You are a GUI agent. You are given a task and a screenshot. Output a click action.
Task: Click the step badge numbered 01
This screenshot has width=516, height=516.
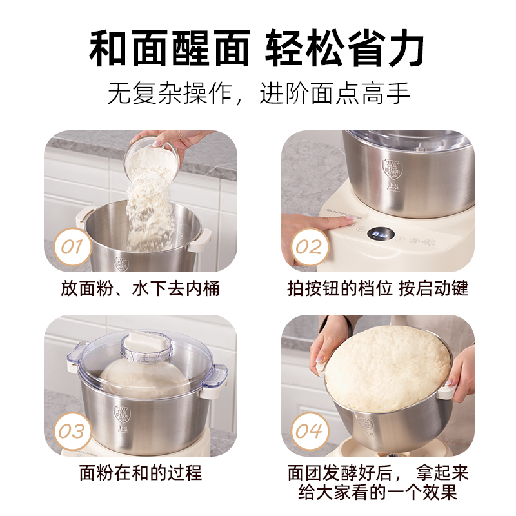tap(72, 247)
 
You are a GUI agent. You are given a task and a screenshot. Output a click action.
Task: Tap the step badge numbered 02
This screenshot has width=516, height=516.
tap(310, 247)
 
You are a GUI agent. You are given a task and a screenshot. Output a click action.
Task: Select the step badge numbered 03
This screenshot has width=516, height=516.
tap(72, 431)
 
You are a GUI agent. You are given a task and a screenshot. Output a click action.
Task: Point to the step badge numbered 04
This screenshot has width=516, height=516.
tap(310, 431)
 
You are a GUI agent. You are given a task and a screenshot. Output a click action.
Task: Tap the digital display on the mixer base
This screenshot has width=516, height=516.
tap(381, 234)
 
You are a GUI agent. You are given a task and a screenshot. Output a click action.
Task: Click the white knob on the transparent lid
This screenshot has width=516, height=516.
tap(147, 338)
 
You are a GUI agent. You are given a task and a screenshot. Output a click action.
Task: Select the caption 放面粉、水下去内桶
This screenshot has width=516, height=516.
tap(140, 288)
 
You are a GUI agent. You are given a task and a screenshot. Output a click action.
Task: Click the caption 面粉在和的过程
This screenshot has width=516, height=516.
tap(141, 473)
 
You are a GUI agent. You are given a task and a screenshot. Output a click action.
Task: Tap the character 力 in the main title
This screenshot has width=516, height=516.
tap(404, 48)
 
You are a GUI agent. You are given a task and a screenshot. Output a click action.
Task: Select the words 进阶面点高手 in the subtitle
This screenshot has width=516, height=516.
tap(335, 94)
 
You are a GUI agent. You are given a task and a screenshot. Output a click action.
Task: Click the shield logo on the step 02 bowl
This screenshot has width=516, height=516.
tap(392, 168)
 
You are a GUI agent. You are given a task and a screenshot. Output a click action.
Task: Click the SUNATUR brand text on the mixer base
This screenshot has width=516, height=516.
tap(344, 213)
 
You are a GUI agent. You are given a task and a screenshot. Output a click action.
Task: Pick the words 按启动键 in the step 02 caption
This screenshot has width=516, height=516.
tap(433, 288)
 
